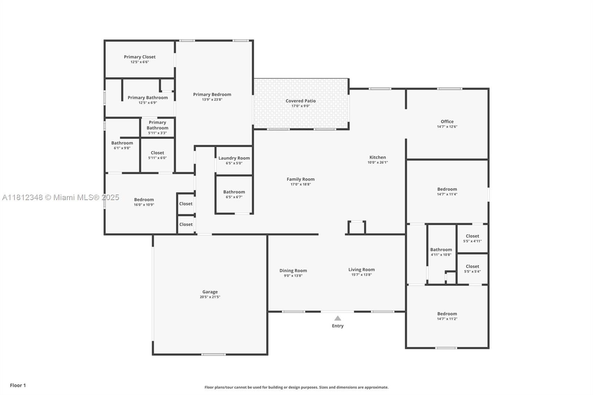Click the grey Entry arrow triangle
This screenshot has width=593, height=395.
click(338, 318)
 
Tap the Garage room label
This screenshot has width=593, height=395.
click(210, 292)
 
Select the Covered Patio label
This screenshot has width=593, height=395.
click(301, 101)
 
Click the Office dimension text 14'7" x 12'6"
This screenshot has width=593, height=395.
click(447, 127)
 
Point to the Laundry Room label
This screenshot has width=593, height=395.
click(234, 158)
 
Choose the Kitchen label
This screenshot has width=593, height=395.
click(378, 157)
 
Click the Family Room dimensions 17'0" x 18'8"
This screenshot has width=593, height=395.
click(301, 184)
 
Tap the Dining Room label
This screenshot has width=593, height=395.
click(293, 270)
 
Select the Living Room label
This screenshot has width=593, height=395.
click(361, 269)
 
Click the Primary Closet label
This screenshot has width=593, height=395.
click(139, 57)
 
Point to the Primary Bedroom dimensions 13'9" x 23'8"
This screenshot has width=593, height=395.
click(212, 100)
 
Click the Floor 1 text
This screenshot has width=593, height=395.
click(18, 385)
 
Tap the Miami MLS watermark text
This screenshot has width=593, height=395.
click(61, 197)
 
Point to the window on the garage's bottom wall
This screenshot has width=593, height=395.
click(213, 354)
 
